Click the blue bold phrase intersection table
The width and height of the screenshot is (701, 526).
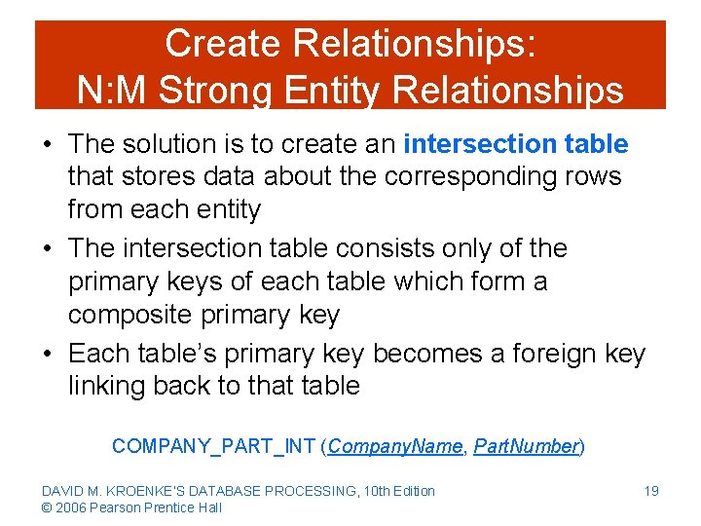[515, 144]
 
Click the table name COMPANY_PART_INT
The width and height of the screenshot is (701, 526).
[213, 446]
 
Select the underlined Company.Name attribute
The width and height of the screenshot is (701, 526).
[396, 446]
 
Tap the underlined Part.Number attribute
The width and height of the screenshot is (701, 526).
[526, 446]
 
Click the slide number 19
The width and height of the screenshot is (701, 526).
[650, 491]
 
